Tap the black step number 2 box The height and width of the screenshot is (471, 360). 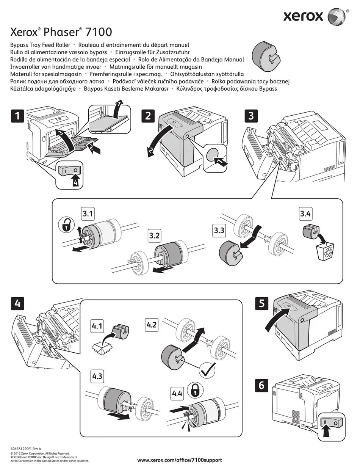coord(148,116)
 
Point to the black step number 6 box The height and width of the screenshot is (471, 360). coord(261,386)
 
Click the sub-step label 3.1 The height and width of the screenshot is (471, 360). coord(88,214)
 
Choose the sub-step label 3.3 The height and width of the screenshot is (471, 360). coord(219,231)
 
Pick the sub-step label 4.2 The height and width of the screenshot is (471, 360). coord(152,325)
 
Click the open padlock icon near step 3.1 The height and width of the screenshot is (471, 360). coord(66,225)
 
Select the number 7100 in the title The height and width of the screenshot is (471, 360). coord(99,31)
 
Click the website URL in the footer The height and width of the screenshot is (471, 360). coord(179,460)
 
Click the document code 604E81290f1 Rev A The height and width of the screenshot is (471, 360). coord(26,449)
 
